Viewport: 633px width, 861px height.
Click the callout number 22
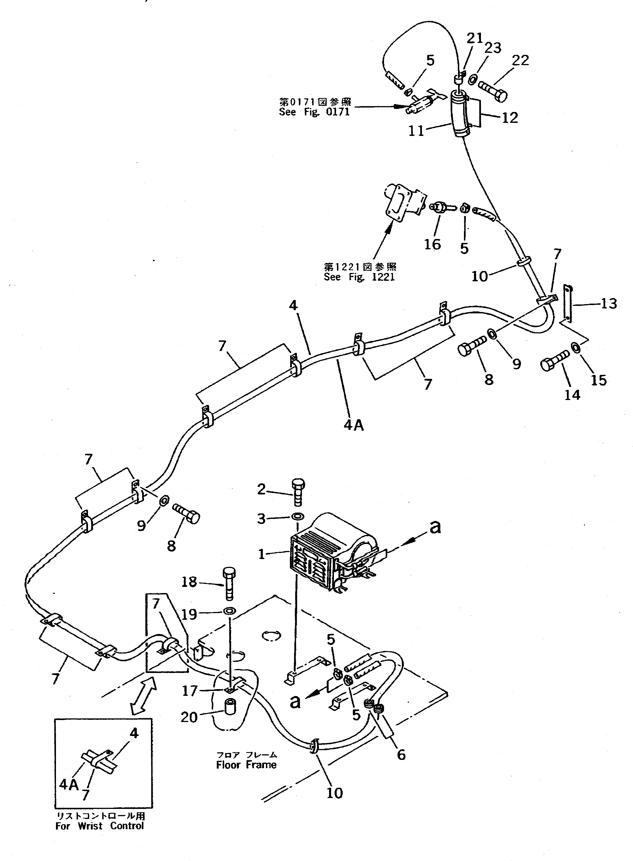pos(520,60)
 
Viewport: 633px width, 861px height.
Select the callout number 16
pos(432,244)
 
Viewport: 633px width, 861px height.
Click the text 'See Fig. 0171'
pos(314,112)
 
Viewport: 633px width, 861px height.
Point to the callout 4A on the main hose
pos(353,425)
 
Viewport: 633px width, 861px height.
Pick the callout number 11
pos(416,131)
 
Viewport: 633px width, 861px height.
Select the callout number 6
pos(401,755)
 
